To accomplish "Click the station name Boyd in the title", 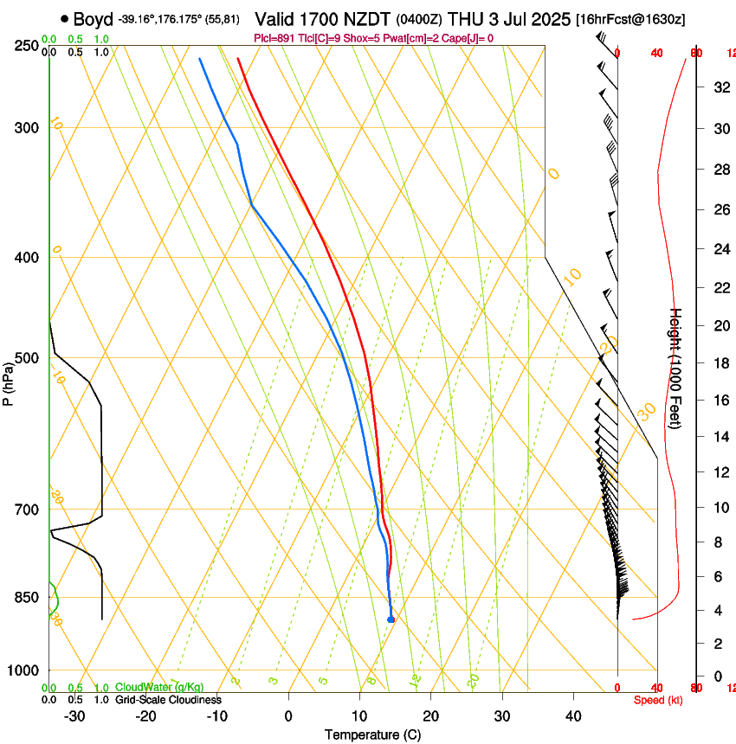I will pyautogui.click(x=94, y=19).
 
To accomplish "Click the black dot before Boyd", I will pyautogui.click(x=65, y=19).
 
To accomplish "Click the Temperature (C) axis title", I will pyautogui.click(x=372, y=734).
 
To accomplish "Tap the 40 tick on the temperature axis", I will pyautogui.click(x=572, y=716).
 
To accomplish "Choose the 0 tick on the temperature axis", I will pyautogui.click(x=288, y=716).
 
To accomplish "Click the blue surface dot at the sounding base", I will pyautogui.click(x=391, y=619).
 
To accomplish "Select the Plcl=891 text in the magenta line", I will pyautogui.click(x=275, y=38).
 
